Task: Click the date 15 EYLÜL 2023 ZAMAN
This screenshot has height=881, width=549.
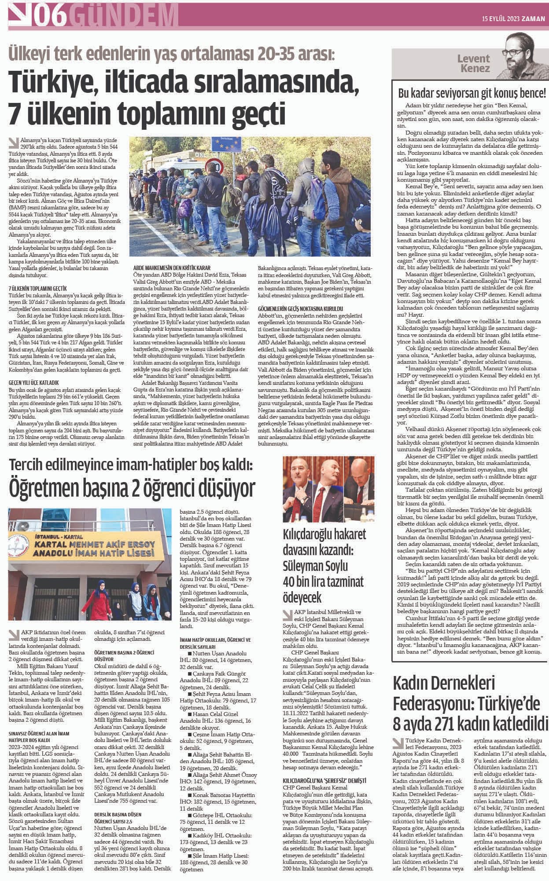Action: (x=513, y=19)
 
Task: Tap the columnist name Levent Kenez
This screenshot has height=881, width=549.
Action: (x=473, y=63)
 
